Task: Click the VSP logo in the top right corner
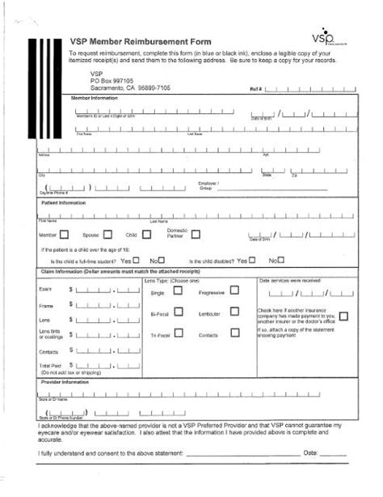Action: [323, 39]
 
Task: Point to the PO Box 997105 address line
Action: [113, 81]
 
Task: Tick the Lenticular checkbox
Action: [234, 312]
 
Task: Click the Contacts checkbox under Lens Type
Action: [234, 333]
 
